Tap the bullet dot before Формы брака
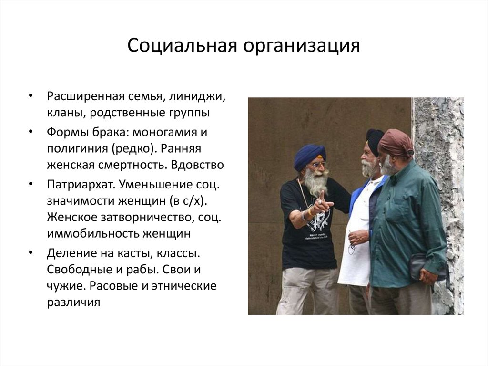point(31,131)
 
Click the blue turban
point(309,156)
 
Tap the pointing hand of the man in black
point(324,202)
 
